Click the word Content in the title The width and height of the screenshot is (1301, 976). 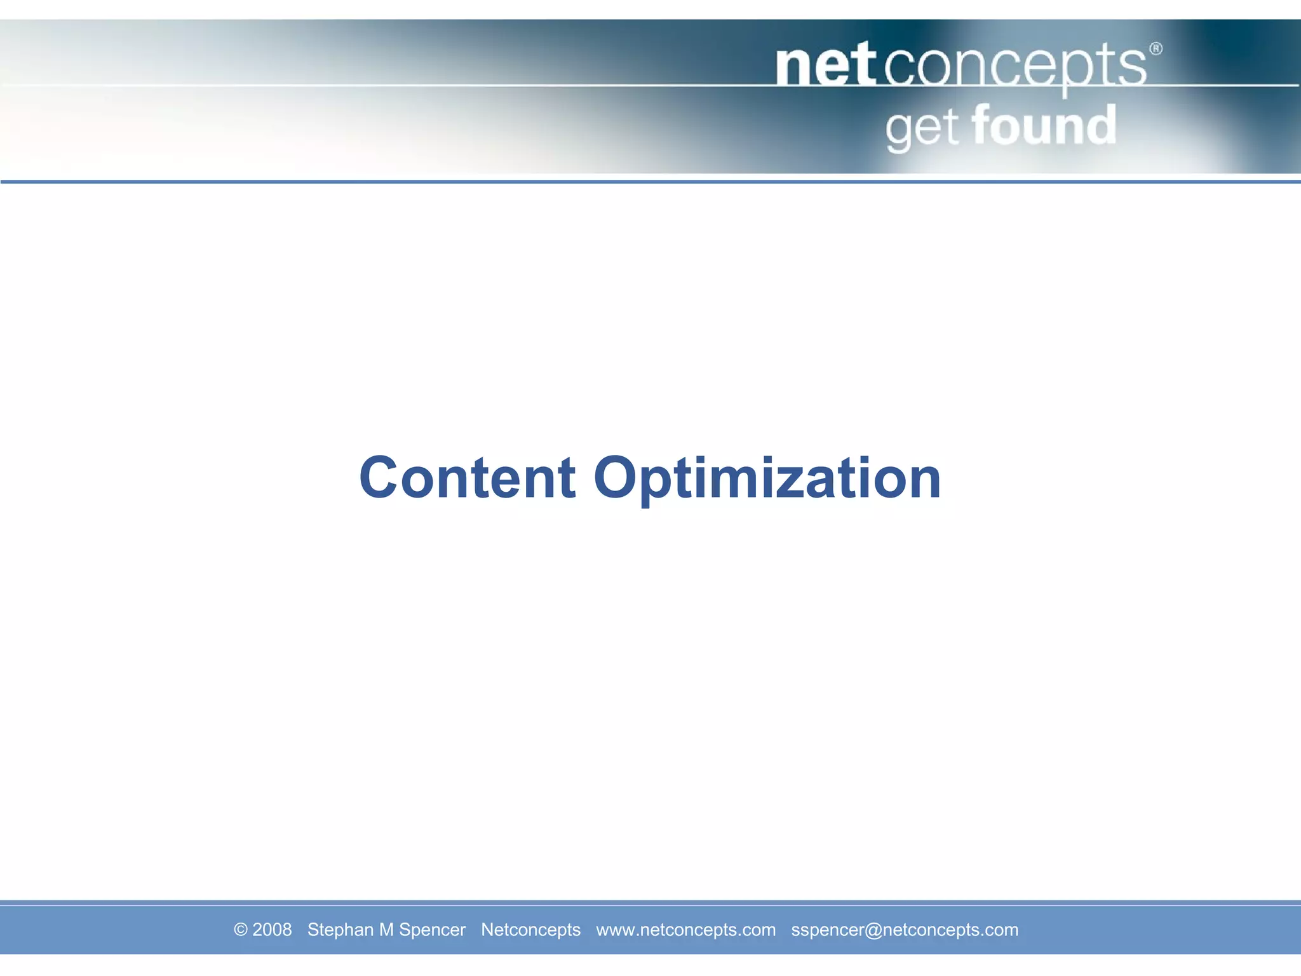468,478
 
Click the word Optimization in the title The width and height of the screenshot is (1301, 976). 767,478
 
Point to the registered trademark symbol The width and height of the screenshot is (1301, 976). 1156,49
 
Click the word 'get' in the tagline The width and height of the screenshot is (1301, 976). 921,128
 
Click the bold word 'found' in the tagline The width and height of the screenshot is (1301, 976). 1044,126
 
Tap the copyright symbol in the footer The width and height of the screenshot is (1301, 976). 241,930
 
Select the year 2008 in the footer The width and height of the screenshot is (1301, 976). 272,930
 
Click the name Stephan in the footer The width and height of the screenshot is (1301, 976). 340,930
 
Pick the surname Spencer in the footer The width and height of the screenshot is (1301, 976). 432,930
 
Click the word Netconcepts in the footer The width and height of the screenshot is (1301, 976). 530,930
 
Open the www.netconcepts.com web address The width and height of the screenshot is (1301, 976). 685,930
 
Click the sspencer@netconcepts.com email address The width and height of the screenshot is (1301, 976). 904,930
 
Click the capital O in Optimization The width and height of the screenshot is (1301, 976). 615,478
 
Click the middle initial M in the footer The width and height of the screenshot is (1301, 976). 386,930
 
